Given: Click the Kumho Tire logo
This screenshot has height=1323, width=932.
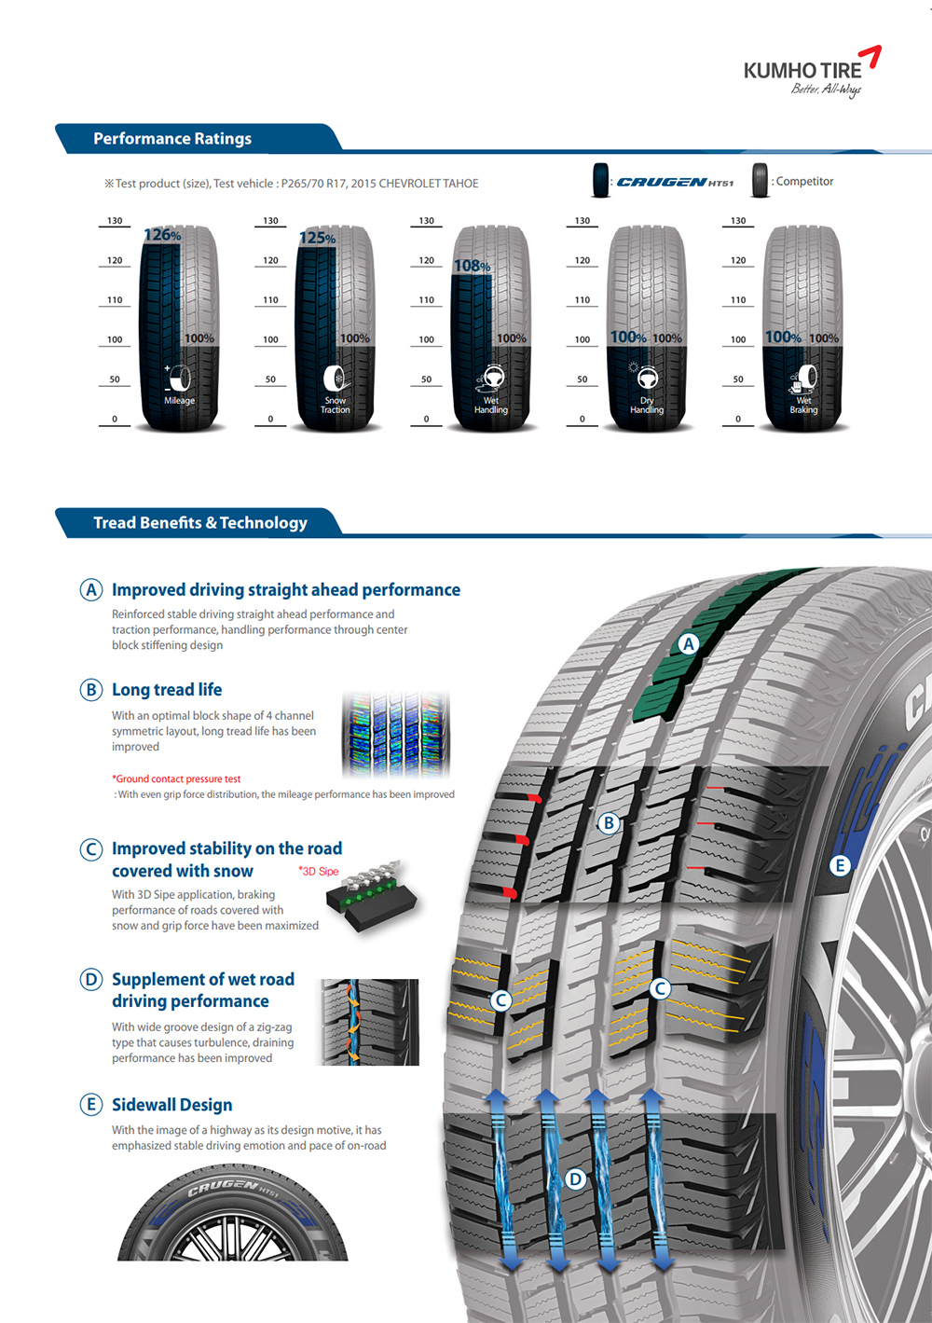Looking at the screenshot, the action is tap(812, 72).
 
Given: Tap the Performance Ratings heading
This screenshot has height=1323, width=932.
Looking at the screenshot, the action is tap(172, 139).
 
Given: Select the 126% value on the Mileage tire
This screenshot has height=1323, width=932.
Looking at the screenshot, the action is tap(162, 235).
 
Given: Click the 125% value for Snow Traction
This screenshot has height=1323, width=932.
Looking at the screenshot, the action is tap(318, 238).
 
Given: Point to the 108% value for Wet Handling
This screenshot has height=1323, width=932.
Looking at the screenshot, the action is tap(473, 266).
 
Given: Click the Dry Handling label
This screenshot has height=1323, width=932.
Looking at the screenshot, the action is tap(647, 405).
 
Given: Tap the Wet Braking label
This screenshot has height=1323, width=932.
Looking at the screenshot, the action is tap(803, 405).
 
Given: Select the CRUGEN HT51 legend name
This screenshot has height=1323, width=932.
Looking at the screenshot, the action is tap(675, 182).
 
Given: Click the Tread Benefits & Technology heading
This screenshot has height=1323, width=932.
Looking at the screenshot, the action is tap(200, 523).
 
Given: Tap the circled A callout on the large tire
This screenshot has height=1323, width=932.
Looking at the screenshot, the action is tap(688, 643).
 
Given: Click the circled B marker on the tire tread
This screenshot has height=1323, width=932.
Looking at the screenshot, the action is tap(609, 822).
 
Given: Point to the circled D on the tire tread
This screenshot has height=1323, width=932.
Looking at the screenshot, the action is tap(575, 1179).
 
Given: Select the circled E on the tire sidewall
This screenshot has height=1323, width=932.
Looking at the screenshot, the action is tap(840, 866).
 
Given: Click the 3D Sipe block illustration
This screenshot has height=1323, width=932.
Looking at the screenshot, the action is tap(371, 897).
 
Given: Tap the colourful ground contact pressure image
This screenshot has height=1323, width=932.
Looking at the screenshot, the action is tap(395, 735).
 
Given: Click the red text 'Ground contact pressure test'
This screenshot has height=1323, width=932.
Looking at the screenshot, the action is tap(176, 779).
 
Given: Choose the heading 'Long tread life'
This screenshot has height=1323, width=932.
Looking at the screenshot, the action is tap(167, 690).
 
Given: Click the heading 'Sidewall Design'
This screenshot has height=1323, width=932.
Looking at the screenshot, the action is tap(172, 1105).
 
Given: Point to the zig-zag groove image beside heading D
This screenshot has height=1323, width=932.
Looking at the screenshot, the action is tap(368, 1022).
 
